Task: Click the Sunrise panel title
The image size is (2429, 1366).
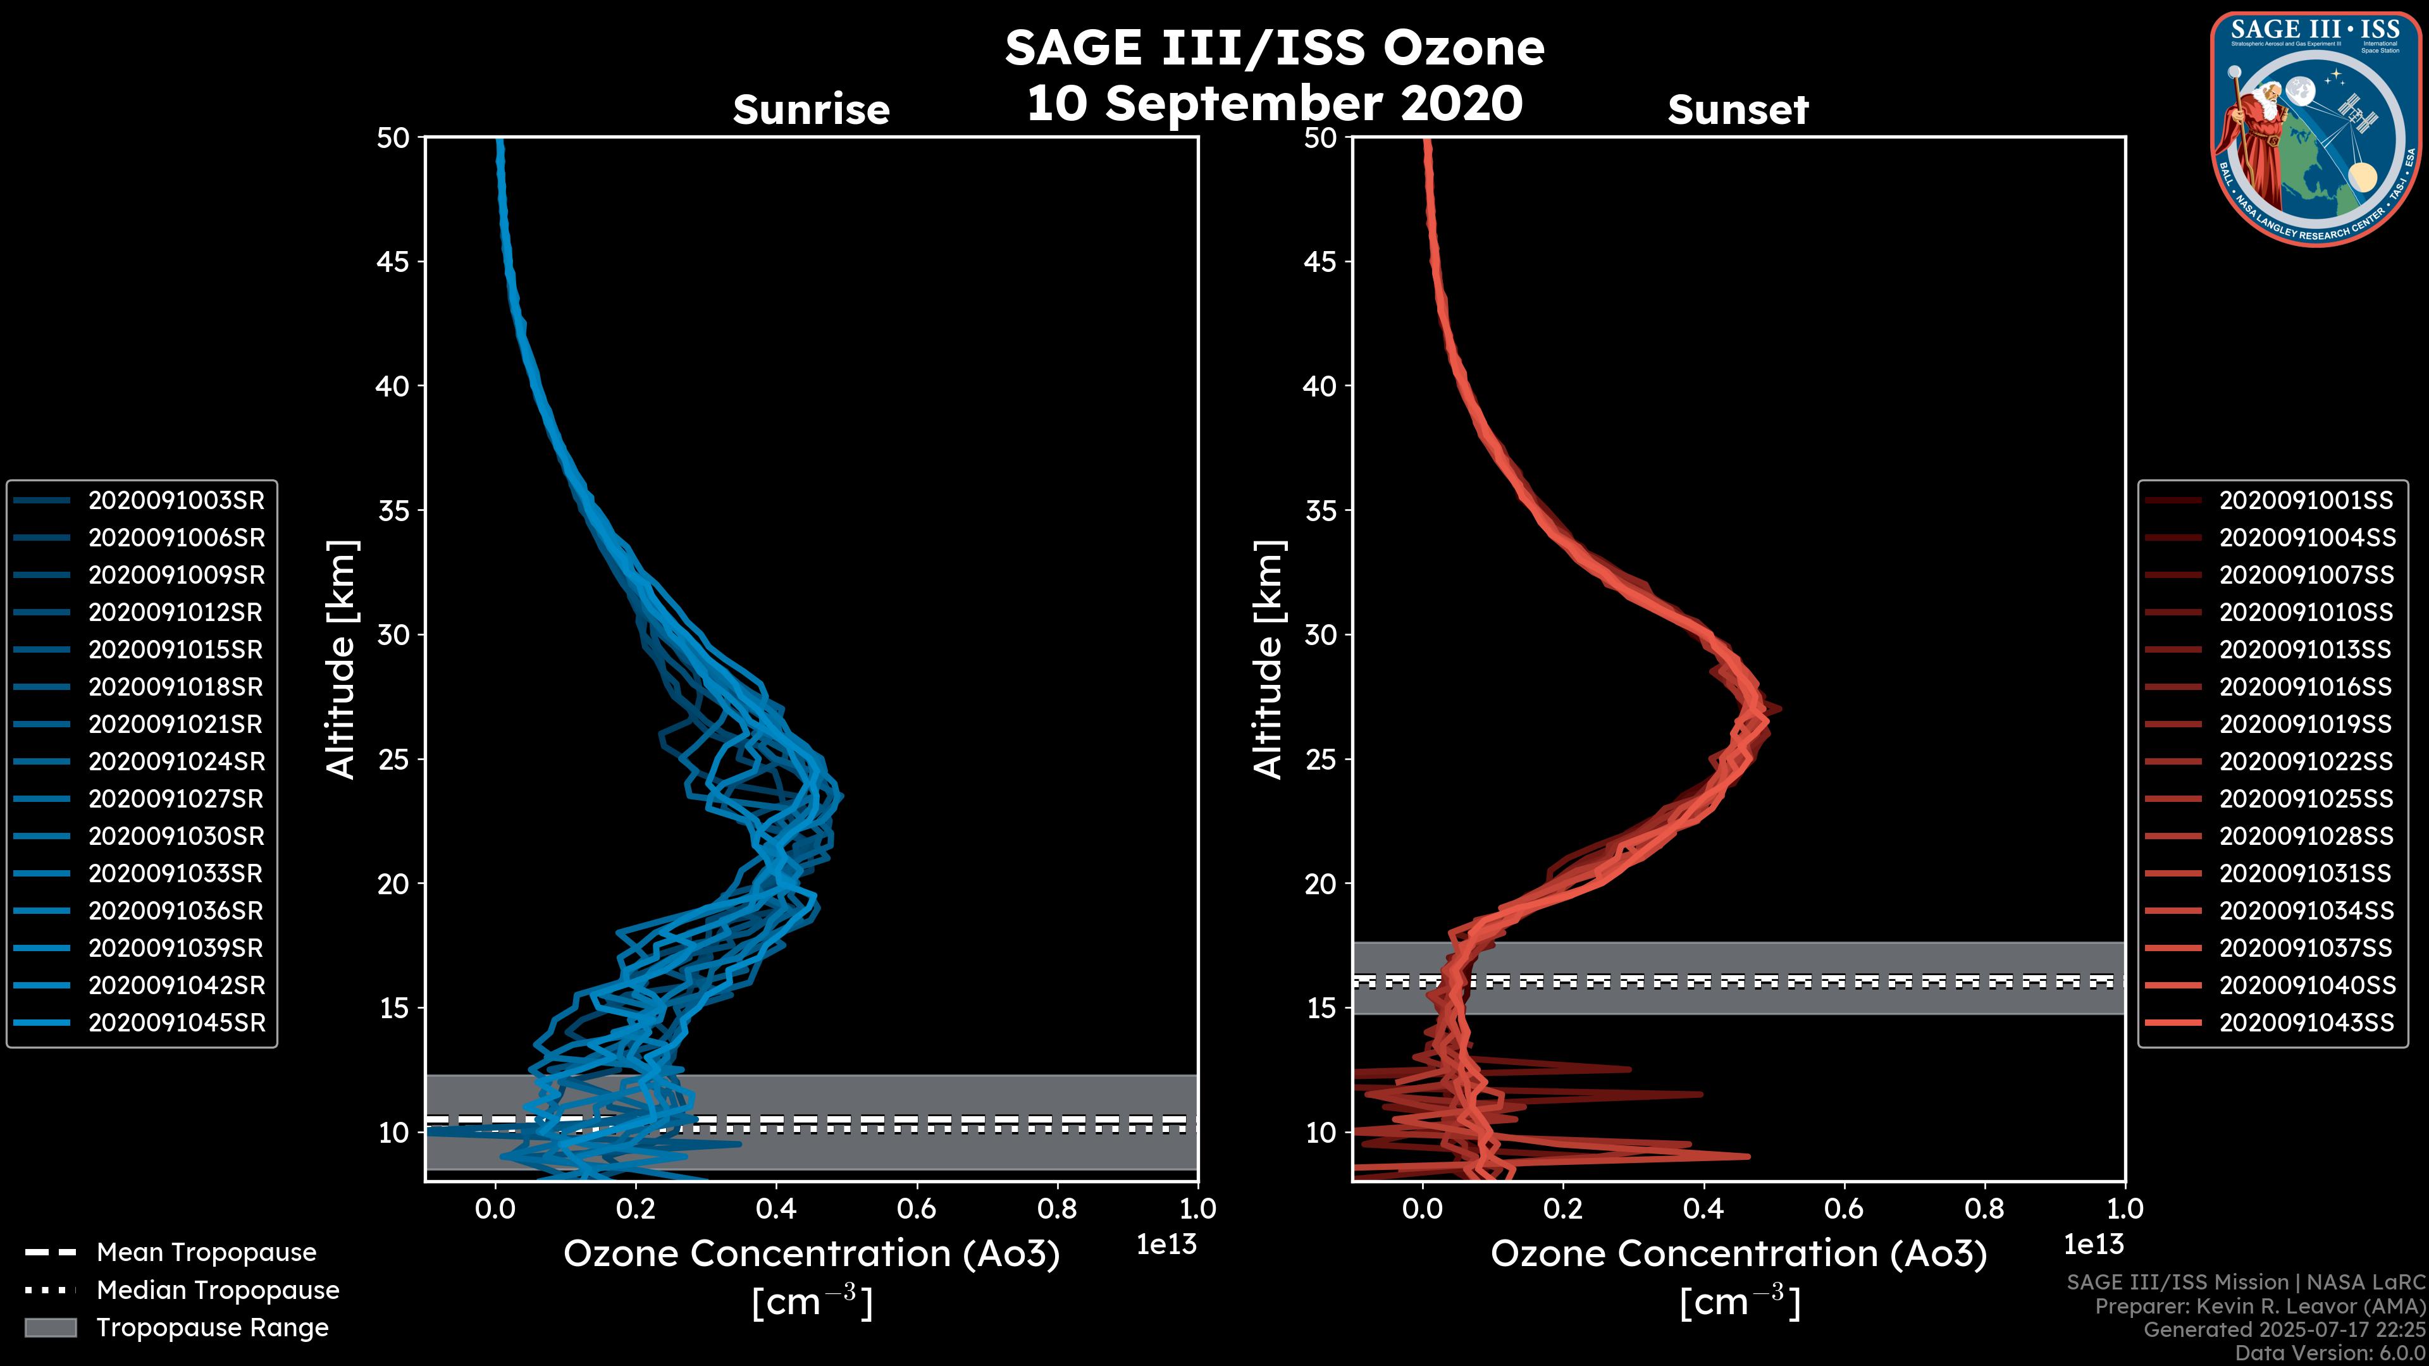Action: click(811, 110)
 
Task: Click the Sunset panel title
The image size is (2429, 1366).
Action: click(1738, 110)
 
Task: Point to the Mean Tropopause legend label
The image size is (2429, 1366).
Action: click(206, 1253)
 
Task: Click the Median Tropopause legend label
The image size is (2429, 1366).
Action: click(218, 1291)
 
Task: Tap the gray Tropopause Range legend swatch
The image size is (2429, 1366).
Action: click(50, 1327)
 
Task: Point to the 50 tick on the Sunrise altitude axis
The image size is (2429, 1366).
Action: click(393, 138)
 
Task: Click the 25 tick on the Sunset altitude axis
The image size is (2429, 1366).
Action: click(1320, 760)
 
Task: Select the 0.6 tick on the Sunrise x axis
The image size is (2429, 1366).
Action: click(917, 1209)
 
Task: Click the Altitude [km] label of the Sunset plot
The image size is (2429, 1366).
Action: click(1269, 660)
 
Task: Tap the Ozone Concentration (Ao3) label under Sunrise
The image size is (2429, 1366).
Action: click(811, 1255)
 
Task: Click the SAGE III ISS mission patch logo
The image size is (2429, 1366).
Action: click(2315, 128)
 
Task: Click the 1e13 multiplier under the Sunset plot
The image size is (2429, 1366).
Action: click(2093, 1245)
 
